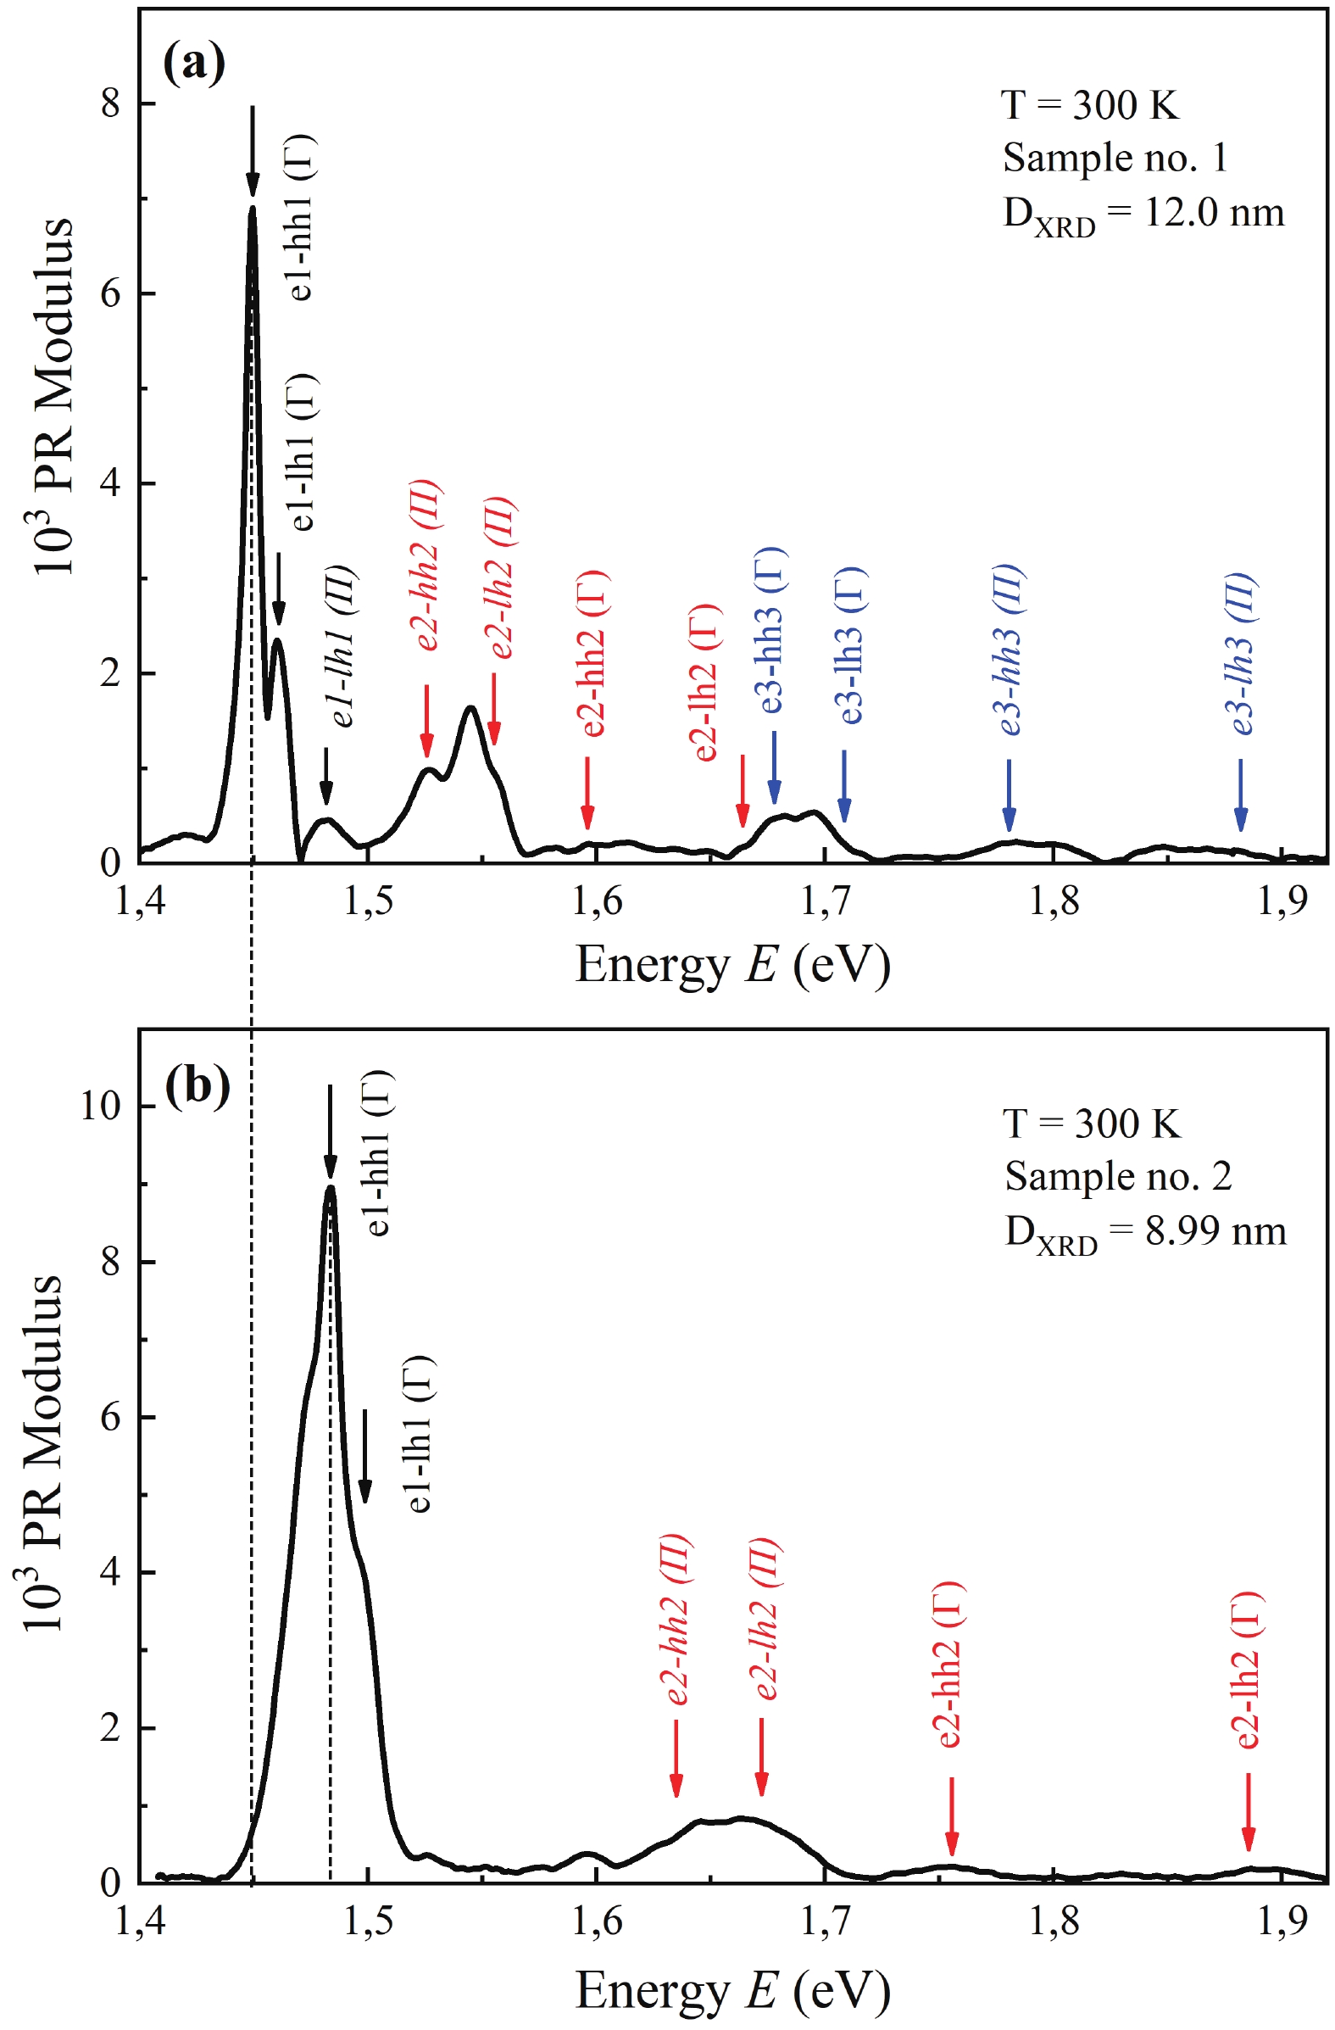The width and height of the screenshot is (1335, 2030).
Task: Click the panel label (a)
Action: pos(194,64)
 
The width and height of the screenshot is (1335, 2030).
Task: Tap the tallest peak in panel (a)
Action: pos(253,209)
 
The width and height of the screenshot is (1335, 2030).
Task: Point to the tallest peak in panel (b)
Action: pos(331,1187)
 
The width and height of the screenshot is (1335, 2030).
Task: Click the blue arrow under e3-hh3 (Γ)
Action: pos(774,767)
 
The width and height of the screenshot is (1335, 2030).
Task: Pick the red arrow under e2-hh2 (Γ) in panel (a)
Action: pos(587,791)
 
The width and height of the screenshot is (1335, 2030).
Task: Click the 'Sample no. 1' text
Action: pos(1115,158)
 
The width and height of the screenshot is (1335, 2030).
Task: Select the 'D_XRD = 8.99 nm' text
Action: pos(1144,1231)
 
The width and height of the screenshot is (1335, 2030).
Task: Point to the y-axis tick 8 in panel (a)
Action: pos(110,104)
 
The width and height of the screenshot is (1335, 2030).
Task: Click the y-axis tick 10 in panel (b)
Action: pos(100,1106)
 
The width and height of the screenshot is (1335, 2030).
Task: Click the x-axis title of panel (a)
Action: pos(732,966)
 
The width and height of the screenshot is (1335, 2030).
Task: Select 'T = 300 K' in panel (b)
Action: pos(1092,1124)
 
